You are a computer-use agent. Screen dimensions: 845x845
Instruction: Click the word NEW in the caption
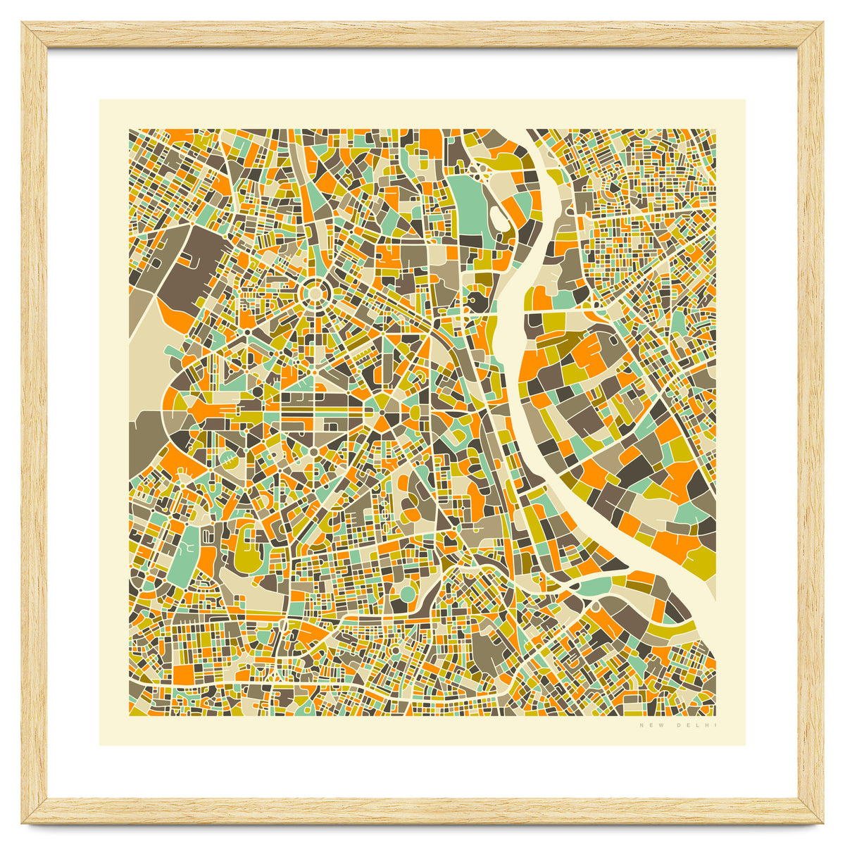[648, 725]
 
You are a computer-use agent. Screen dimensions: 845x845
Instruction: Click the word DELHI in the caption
[696, 725]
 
